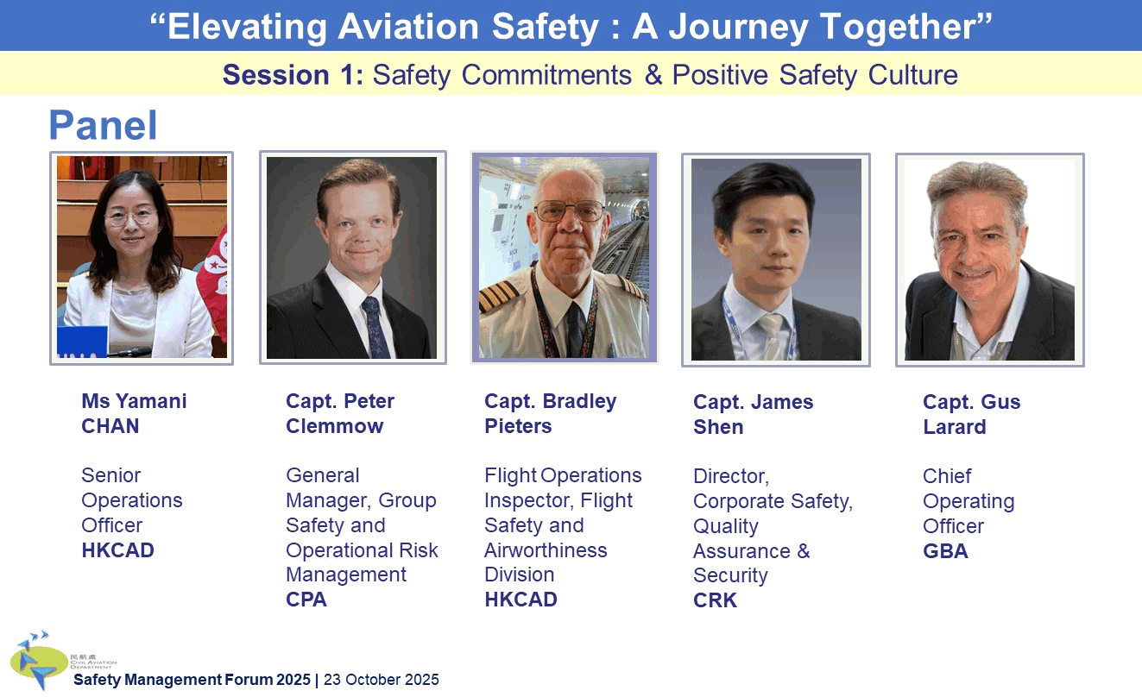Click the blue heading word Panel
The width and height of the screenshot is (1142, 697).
(x=103, y=126)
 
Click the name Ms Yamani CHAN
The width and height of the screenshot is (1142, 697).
(x=133, y=413)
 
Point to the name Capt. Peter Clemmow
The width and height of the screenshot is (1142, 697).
(x=339, y=413)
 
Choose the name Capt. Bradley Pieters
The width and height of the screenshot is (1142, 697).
(x=550, y=413)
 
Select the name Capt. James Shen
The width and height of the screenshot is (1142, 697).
(x=753, y=414)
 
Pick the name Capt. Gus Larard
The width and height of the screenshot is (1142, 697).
(x=971, y=414)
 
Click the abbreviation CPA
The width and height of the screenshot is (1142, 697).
(x=306, y=600)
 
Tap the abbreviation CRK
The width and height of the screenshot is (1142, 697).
(x=715, y=600)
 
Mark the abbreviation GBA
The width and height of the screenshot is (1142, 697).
(x=945, y=551)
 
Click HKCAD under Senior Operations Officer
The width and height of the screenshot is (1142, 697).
(x=117, y=550)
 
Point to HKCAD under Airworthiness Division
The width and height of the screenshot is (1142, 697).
(x=521, y=600)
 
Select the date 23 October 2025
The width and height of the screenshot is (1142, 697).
(x=381, y=680)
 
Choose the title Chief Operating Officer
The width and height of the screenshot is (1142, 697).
(x=968, y=501)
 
